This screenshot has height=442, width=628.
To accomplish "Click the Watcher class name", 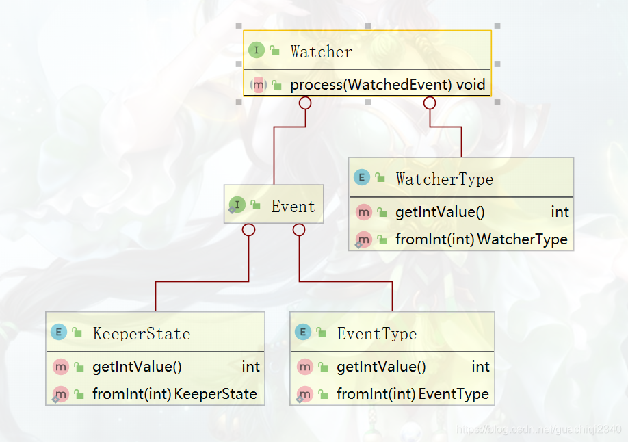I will click(x=321, y=51).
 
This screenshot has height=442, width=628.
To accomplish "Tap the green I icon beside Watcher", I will click(x=257, y=50).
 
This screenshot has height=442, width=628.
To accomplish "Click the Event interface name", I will click(x=293, y=207).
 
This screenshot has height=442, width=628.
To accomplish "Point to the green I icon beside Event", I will click(x=237, y=205).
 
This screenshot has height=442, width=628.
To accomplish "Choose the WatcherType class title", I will click(x=444, y=179).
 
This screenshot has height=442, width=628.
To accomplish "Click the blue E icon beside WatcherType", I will click(x=362, y=178).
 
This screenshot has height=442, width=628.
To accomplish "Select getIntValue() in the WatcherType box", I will click(x=440, y=212).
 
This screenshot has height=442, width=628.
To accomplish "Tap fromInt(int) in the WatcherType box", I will click(x=435, y=239).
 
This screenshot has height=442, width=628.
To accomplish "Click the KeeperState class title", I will click(x=141, y=334).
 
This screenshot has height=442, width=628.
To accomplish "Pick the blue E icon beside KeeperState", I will click(x=59, y=333).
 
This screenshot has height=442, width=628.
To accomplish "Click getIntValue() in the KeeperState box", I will click(x=137, y=367).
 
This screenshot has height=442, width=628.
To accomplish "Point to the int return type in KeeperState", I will click(x=250, y=367).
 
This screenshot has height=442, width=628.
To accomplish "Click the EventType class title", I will click(x=376, y=334).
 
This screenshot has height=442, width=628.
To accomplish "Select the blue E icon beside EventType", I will click(x=303, y=333).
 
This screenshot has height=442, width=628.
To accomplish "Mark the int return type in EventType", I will click(x=480, y=367).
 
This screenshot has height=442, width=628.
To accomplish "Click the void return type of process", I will click(x=472, y=85).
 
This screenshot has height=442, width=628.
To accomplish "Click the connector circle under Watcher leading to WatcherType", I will click(x=430, y=103).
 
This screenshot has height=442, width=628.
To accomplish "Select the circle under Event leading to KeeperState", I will click(x=249, y=231).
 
